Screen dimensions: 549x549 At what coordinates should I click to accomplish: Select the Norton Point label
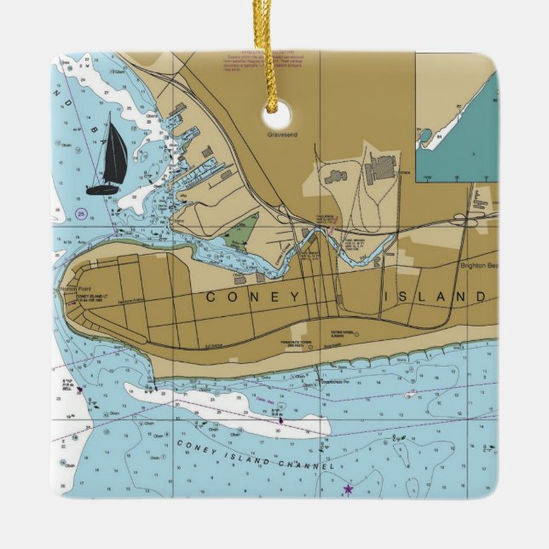tap(67, 290)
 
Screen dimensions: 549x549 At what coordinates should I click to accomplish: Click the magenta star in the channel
tap(347, 489)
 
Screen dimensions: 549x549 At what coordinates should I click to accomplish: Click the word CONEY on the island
tap(253, 297)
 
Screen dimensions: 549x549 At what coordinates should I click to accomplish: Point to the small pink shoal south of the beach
tap(411, 393)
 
